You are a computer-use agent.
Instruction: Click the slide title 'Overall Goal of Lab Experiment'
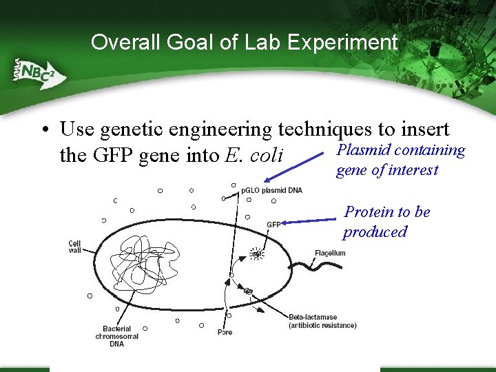(245, 43)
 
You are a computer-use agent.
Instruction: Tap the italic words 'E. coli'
(254, 155)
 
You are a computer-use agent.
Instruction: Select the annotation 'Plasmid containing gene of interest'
(400, 160)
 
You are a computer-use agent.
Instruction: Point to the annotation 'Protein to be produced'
(386, 221)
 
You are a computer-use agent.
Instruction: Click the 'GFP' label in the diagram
(273, 225)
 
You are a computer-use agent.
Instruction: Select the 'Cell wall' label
(74, 247)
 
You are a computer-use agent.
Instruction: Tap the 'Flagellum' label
(330, 253)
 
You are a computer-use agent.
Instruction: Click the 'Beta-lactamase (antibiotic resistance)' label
(322, 321)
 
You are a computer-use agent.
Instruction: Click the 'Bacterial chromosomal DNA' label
(117, 336)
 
